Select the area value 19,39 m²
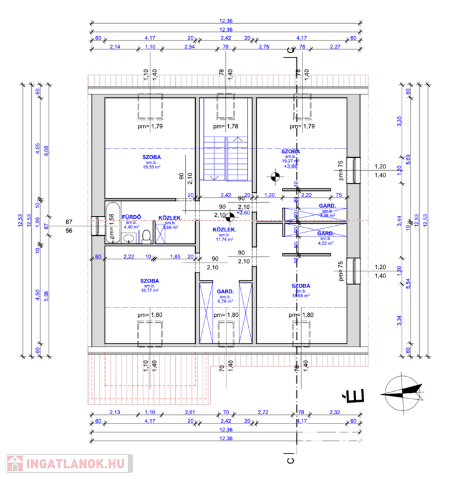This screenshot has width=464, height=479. click(150, 167)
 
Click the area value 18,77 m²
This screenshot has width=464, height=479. click(150, 290)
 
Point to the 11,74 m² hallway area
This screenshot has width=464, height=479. click(225, 239)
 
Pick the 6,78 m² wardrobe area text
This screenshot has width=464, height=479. click(225, 301)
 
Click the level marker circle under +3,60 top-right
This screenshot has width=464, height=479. click(273, 176)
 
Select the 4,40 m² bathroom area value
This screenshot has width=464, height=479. click(132, 226)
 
